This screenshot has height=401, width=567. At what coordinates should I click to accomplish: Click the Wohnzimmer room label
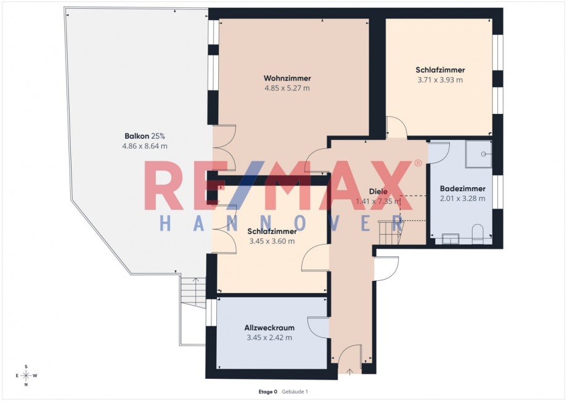tap(287, 78)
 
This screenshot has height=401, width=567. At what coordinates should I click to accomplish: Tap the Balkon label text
tap(137, 136)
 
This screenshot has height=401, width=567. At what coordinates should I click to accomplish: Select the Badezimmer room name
tap(462, 188)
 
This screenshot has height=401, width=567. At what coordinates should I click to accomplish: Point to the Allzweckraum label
tap(269, 328)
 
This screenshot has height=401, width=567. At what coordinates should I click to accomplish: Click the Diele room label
tap(378, 192)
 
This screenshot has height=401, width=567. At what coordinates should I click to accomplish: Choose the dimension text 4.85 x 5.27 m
tap(287, 88)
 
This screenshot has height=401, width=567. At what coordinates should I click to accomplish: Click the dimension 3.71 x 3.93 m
tap(440, 80)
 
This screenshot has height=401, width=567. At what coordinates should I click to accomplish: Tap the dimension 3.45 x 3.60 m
tap(272, 241)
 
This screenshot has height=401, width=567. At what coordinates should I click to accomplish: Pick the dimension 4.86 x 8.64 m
tap(145, 146)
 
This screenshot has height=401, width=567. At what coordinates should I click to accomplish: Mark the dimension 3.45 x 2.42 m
tap(269, 338)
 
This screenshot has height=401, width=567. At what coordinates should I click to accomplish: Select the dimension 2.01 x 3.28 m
tap(462, 198)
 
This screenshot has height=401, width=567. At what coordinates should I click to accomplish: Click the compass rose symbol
tap(27, 376)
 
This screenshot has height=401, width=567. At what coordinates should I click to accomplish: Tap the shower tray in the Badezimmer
tap(478, 154)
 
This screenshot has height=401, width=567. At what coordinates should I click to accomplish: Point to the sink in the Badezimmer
tap(451, 239)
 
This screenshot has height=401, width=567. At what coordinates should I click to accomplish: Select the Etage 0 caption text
tap(268, 392)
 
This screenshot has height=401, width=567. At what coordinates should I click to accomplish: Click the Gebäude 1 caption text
tap(295, 392)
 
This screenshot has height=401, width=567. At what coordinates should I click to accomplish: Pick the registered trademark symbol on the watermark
tap(418, 163)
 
